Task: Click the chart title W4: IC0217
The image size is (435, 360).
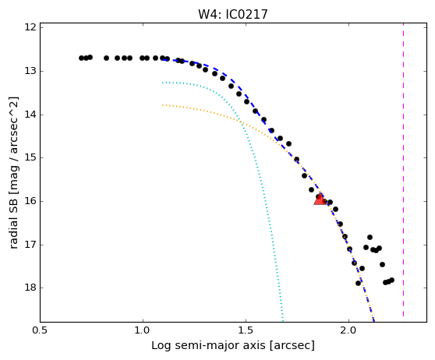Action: pyautogui.click(x=233, y=14)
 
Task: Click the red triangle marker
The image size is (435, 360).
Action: pyautogui.click(x=320, y=199)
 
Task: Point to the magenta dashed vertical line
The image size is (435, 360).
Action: pyautogui.click(x=403, y=170)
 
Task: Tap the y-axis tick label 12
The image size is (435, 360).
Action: pyautogui.click(x=30, y=27)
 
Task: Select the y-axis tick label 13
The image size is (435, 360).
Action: pyautogui.click(x=30, y=71)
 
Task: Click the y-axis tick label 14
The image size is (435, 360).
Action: pyautogui.click(x=30, y=115)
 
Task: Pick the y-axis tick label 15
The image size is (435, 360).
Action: pyautogui.click(x=30, y=158)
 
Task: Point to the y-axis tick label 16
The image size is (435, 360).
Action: pyautogui.click(x=30, y=201)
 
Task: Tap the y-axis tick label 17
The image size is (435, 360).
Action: pyautogui.click(x=30, y=245)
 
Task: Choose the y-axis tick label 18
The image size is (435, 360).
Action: pyautogui.click(x=30, y=288)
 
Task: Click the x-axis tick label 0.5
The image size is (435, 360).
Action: pyautogui.click(x=41, y=331)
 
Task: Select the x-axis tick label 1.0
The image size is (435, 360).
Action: pyautogui.click(x=143, y=331)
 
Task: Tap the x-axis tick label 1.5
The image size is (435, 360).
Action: pyautogui.click(x=246, y=331)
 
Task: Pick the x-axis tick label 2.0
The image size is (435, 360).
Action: pyautogui.click(x=348, y=331)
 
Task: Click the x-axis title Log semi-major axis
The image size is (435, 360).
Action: pyautogui.click(x=208, y=345)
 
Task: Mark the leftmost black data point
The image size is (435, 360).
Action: pyautogui.click(x=81, y=58)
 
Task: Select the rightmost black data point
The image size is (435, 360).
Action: pyautogui.click(x=391, y=280)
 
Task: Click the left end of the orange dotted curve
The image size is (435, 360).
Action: pyautogui.click(x=163, y=105)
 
